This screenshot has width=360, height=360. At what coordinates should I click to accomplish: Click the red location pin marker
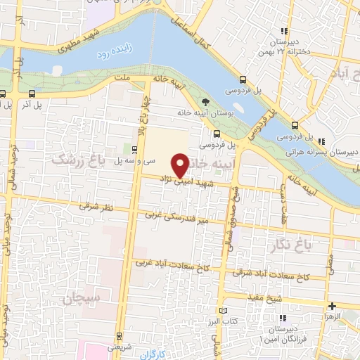coord(181,166)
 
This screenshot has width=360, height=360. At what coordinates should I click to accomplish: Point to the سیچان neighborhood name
coord(83,298)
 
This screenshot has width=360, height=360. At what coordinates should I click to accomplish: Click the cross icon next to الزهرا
coord(332,306)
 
